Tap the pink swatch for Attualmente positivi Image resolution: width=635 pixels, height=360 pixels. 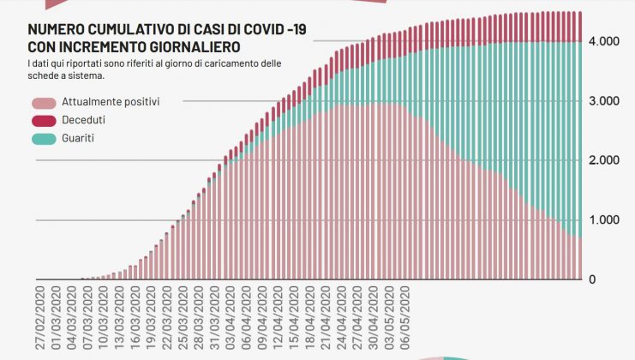coord(42,102)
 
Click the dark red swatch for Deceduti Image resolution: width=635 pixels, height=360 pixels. coord(42,120)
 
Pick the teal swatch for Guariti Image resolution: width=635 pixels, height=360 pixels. coord(42,138)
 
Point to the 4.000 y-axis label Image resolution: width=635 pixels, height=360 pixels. coord(604,42)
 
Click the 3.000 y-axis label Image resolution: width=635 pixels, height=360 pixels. coord(604,101)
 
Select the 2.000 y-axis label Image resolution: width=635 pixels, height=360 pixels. coord(604,161)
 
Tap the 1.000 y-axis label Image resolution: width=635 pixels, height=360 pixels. coord(604,220)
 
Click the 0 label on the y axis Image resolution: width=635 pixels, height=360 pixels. coord(616,279)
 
